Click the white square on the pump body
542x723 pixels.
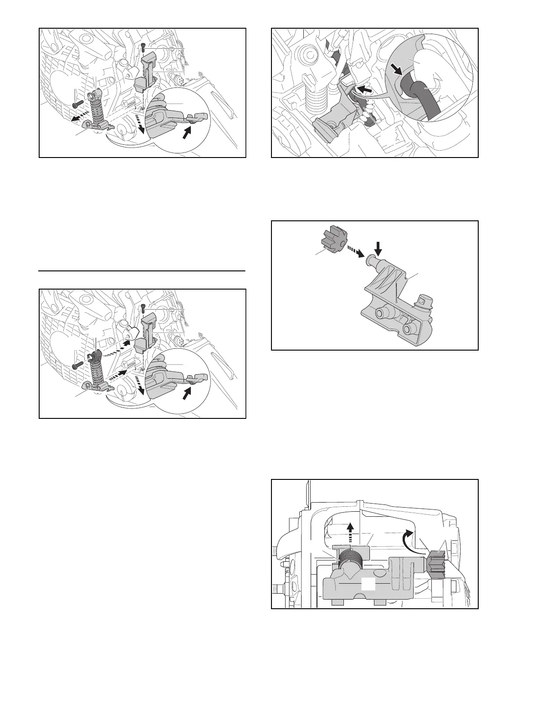coord(368,585)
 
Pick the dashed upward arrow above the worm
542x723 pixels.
coord(350,531)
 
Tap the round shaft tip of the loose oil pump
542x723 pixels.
coord(371,260)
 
